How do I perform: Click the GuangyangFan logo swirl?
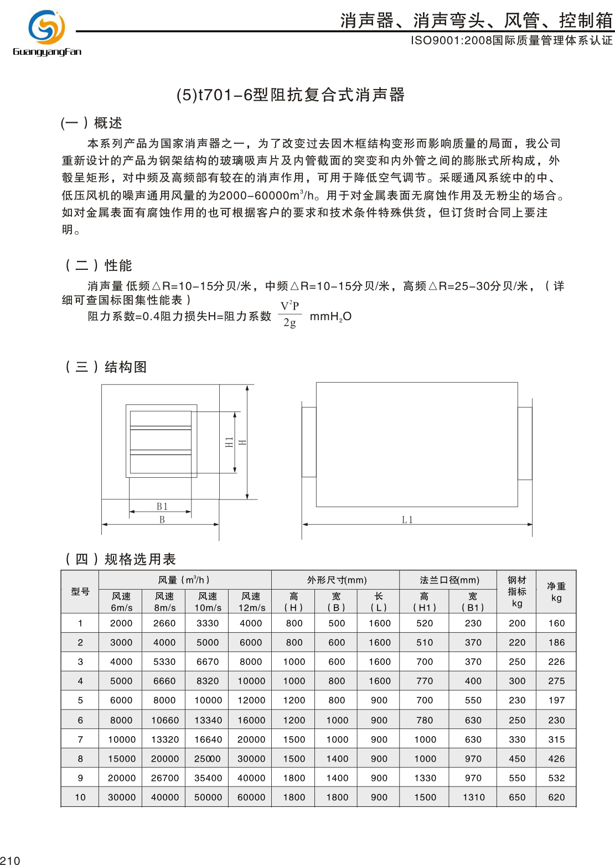[x=46, y=27]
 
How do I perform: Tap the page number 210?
[x=10, y=860]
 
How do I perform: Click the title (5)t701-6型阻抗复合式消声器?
[x=291, y=95]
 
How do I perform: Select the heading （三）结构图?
[x=106, y=367]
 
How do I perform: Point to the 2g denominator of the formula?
[x=290, y=323]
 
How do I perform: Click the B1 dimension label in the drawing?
[x=162, y=507]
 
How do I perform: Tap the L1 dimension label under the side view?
[x=407, y=520]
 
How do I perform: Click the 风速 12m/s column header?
[x=251, y=602]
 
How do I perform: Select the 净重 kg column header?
[x=556, y=591]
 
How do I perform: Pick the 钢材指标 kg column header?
[x=517, y=591]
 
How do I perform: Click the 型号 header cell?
[x=80, y=591]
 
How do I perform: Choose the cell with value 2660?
[x=164, y=623]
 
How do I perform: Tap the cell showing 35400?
[x=208, y=778]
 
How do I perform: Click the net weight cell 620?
[x=556, y=798]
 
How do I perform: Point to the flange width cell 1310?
[x=473, y=798]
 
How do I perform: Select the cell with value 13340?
[x=208, y=720]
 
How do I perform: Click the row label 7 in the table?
[x=80, y=739]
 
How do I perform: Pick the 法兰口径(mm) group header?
[x=449, y=580]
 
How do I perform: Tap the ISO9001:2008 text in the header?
[x=451, y=40]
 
